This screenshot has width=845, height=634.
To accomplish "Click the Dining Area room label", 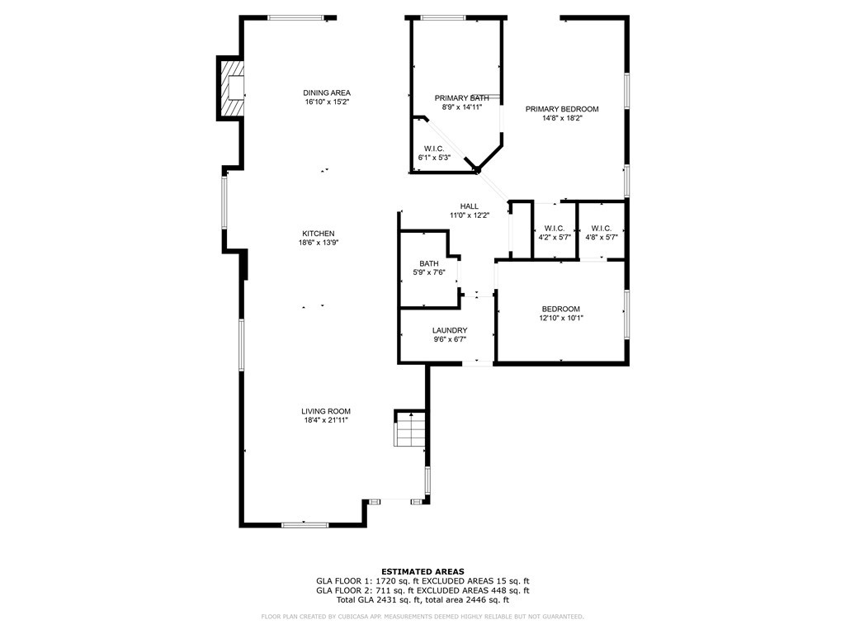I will (x=327, y=92).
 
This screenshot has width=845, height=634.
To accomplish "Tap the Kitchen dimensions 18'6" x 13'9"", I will (x=318, y=243).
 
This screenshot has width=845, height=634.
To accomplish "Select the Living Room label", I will (x=326, y=411).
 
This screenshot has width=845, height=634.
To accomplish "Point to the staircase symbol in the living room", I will (x=409, y=428).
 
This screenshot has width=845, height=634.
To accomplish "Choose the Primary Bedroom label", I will (x=562, y=109).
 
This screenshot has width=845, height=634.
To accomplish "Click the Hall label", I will (x=469, y=206).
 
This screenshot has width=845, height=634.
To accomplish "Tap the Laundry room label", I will (x=450, y=330).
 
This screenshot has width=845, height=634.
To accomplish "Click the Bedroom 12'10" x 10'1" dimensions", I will (x=561, y=318).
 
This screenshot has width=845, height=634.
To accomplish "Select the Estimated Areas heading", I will (x=422, y=571).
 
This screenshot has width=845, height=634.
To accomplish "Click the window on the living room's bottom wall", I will (x=304, y=524).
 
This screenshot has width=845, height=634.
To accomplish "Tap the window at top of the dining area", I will (x=295, y=17).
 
